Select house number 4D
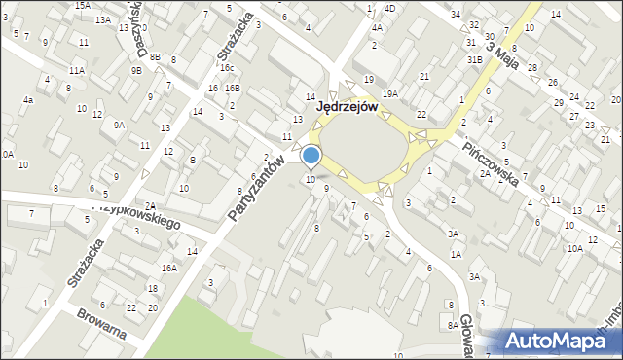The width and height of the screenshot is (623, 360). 389,8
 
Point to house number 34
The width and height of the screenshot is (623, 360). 456,14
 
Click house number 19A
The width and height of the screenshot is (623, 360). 390,93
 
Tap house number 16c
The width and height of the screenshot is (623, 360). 226,67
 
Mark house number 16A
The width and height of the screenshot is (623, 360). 168,268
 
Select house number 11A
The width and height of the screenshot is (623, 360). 76,71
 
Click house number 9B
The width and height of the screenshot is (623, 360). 137,70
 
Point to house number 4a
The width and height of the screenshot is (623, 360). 29,100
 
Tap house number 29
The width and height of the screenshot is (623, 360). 558,102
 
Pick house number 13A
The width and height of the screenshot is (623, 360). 102,19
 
